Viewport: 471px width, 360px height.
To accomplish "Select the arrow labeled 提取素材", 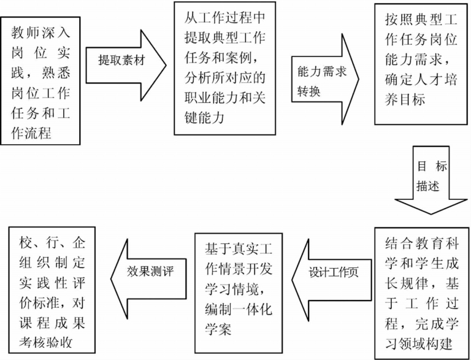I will (126, 62).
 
